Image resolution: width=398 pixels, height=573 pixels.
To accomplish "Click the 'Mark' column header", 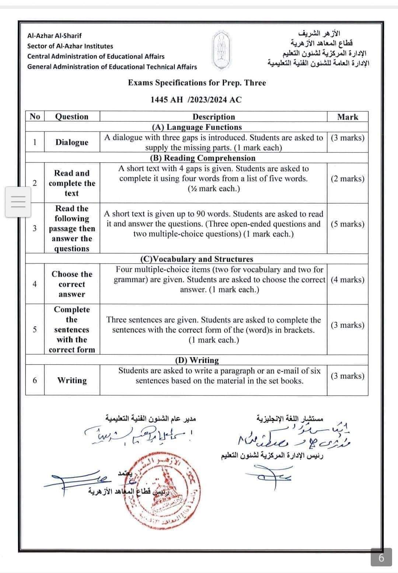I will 348,117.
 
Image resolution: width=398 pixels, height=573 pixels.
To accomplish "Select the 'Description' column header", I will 213,117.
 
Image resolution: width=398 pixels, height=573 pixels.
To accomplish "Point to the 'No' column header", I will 35,116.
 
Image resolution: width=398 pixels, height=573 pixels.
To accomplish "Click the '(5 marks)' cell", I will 348,224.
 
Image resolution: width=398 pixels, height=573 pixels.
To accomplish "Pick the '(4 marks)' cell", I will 348,279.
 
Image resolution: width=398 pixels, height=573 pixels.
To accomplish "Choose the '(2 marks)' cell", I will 348,179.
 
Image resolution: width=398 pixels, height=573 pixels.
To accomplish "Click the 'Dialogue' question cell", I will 72,142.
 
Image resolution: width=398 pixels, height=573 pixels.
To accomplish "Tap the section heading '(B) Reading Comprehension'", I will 203,158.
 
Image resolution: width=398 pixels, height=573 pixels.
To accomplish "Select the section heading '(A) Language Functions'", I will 197,127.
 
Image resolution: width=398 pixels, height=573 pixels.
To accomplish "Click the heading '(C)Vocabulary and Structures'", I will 197,259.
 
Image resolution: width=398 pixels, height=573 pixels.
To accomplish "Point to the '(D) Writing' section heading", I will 197,360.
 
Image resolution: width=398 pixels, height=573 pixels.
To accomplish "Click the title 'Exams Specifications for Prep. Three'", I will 197,83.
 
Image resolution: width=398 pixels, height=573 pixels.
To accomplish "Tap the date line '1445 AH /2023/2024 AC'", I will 196,99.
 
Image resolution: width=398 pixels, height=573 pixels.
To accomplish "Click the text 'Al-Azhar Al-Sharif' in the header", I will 55,36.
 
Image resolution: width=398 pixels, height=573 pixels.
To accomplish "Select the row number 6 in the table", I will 35,380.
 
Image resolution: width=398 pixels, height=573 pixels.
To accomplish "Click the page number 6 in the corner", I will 381,558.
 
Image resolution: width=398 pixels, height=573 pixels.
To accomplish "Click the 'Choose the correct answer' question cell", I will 72,284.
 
